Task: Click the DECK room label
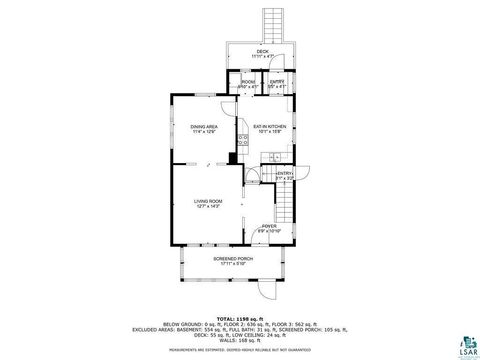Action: (262, 51)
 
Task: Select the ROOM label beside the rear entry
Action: (248, 82)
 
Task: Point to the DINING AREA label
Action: (204, 127)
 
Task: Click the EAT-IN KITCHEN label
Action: (270, 127)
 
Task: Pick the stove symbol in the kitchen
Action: (243, 140)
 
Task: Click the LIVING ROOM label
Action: (208, 201)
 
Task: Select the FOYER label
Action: (270, 226)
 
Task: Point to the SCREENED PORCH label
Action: (232, 258)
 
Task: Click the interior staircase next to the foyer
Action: (286, 205)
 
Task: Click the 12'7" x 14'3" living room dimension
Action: (208, 207)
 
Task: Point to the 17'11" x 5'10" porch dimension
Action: (232, 264)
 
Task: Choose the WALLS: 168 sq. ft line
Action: (239, 343)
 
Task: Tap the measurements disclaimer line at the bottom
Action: (239, 351)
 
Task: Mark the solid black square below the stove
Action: (233, 157)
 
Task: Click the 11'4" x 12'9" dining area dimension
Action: (204, 133)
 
